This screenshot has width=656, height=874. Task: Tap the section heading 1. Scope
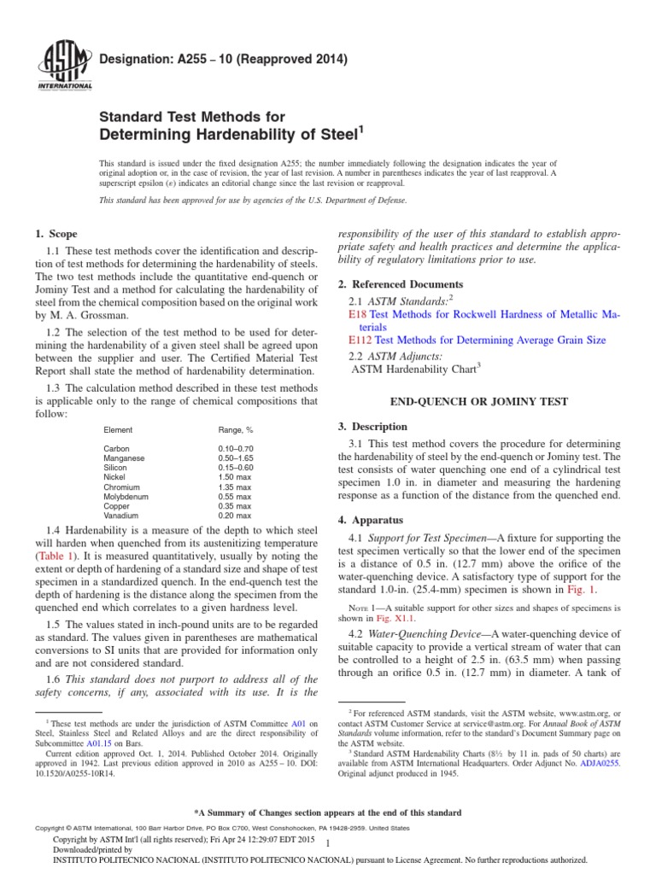(x=55, y=234)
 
